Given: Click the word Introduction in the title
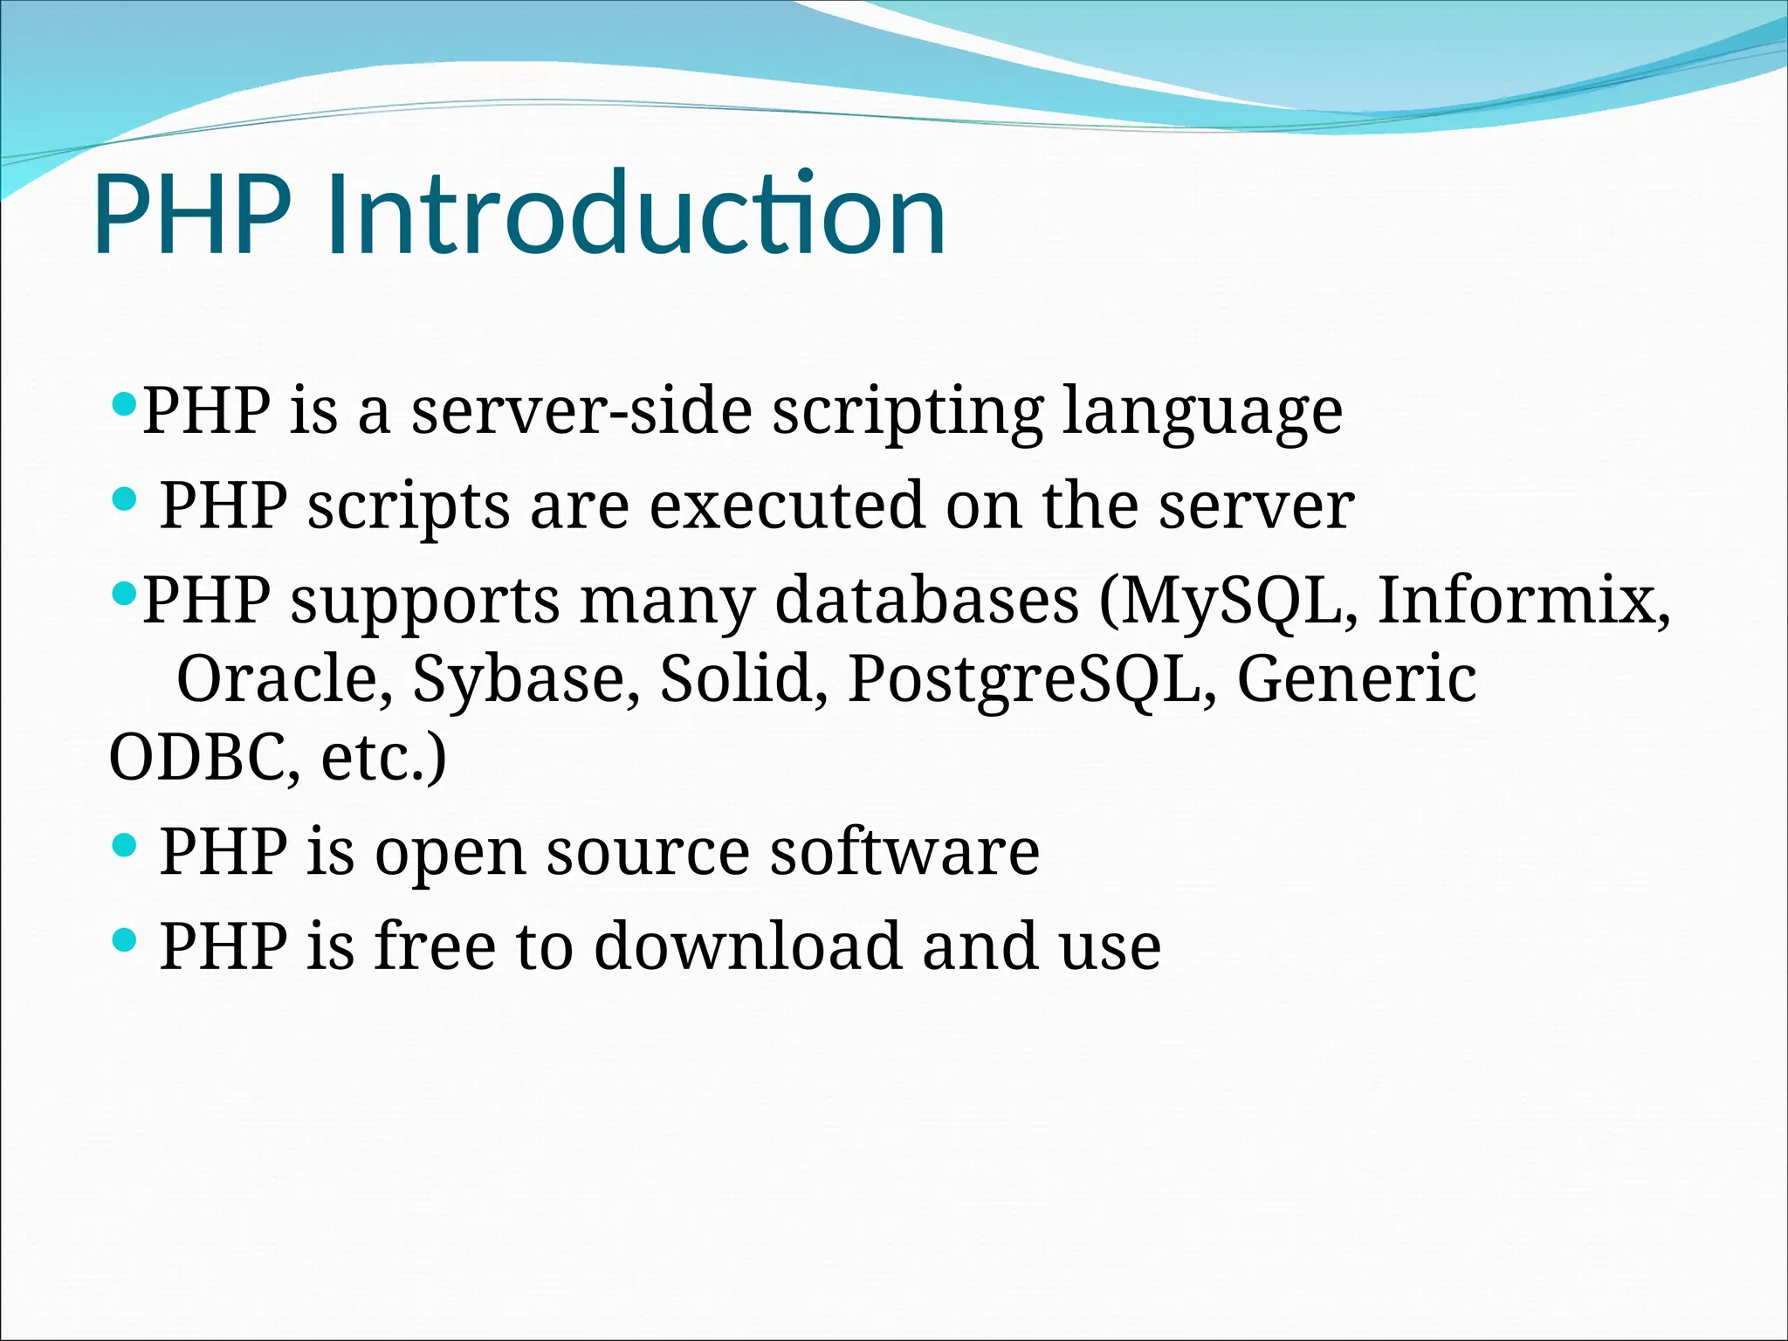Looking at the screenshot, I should pyautogui.click(x=636, y=215).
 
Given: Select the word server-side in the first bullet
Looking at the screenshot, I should pyautogui.click(x=581, y=410).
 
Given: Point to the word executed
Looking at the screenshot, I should pyautogui.click(x=786, y=505).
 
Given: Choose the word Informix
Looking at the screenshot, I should pyautogui.click(x=1523, y=601).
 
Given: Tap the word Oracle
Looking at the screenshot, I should pyautogui.click(x=285, y=679).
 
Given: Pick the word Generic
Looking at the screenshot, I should pyautogui.click(x=1357, y=679).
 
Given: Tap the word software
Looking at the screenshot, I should pyautogui.click(x=904, y=851).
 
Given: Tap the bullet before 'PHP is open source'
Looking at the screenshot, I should pyautogui.click(x=126, y=844).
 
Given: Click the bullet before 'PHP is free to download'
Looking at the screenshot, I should pyautogui.click(x=126, y=939).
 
